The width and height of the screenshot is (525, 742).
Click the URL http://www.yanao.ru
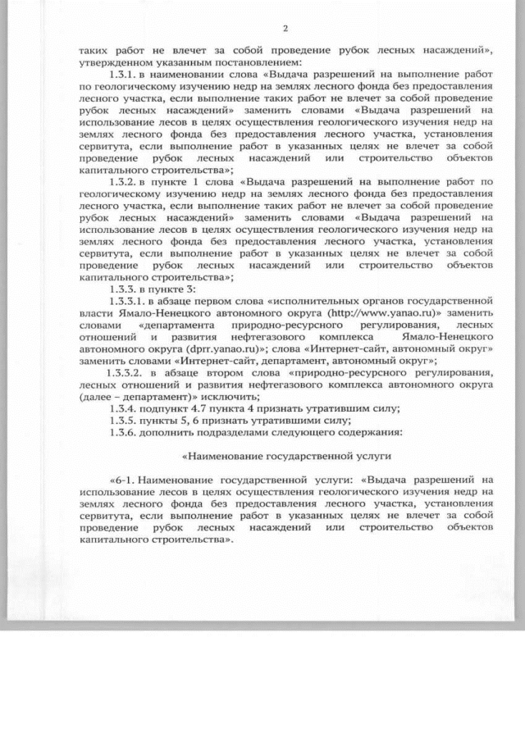click(371, 313)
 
